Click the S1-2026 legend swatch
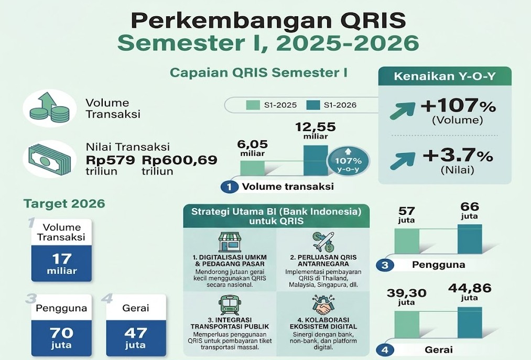point(313,105)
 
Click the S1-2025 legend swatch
point(253,105)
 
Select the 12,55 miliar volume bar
point(316,160)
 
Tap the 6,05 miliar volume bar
point(253,168)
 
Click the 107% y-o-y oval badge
point(348,161)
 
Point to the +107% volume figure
point(458,106)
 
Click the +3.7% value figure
point(458,156)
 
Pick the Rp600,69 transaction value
point(179,159)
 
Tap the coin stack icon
point(50,108)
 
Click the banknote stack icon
point(50,159)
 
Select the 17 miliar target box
point(62,263)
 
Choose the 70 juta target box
point(62,337)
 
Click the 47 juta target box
point(136,337)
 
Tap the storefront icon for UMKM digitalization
point(230,242)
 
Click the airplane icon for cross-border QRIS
point(324,242)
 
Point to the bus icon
point(230,305)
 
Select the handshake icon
point(324,304)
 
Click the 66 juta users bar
point(470,239)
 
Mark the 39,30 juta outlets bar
point(407,324)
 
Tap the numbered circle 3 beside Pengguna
point(385,265)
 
